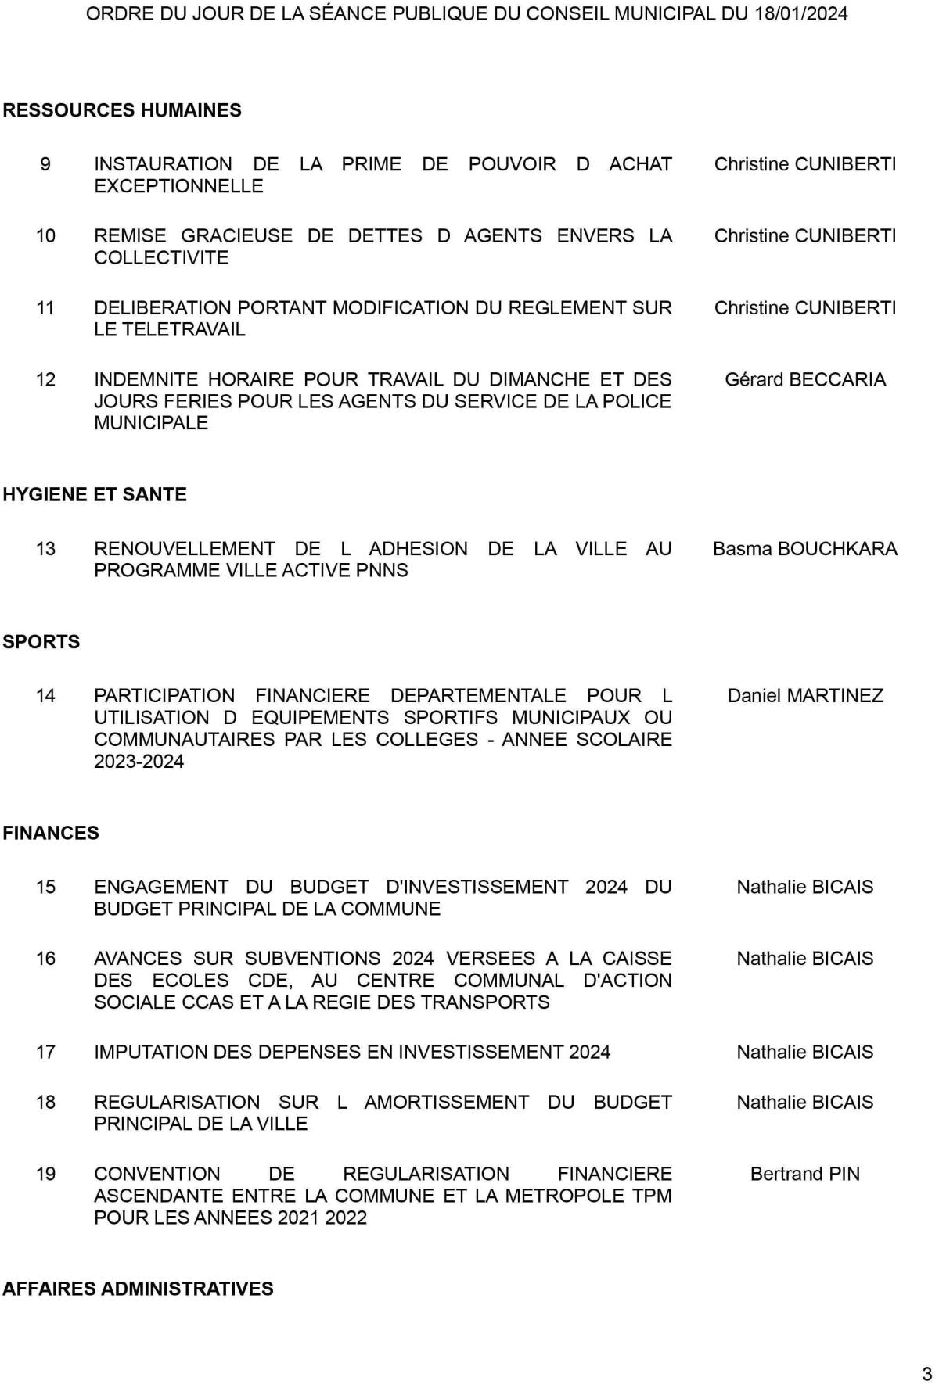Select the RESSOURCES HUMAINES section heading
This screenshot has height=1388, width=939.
coord(122,110)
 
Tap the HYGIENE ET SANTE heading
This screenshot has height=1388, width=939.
coord(95,494)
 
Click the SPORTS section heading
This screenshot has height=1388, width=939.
coord(41,642)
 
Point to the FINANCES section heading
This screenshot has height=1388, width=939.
coord(51,833)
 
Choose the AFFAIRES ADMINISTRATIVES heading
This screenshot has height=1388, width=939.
coord(138,1289)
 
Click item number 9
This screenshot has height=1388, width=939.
coord(45,164)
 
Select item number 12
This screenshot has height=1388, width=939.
coord(45,379)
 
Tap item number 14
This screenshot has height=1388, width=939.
coord(45,696)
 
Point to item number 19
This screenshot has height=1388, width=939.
coord(45,1174)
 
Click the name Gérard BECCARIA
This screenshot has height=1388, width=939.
coord(805,379)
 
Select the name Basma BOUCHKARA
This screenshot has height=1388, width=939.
coord(805,549)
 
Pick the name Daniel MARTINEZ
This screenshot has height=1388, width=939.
coord(805,696)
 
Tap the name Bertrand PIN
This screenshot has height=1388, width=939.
coord(805,1174)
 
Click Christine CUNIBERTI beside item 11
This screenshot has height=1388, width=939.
coord(805,308)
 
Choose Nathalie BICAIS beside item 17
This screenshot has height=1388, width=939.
coord(805,1053)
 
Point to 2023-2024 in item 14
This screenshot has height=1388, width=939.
coord(139,762)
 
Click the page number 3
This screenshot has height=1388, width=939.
coord(927,1374)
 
